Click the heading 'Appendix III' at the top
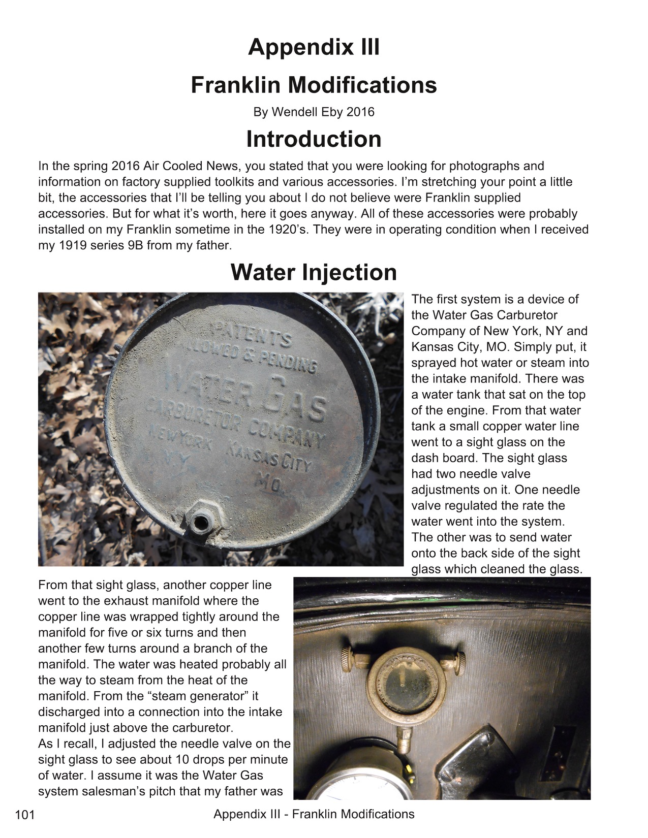click(x=314, y=48)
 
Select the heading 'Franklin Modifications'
click(x=314, y=85)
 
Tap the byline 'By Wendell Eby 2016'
click(x=314, y=112)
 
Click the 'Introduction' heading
click(x=314, y=139)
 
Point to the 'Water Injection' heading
click(x=314, y=272)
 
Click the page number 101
click(x=25, y=815)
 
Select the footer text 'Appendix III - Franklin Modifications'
click(x=314, y=814)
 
